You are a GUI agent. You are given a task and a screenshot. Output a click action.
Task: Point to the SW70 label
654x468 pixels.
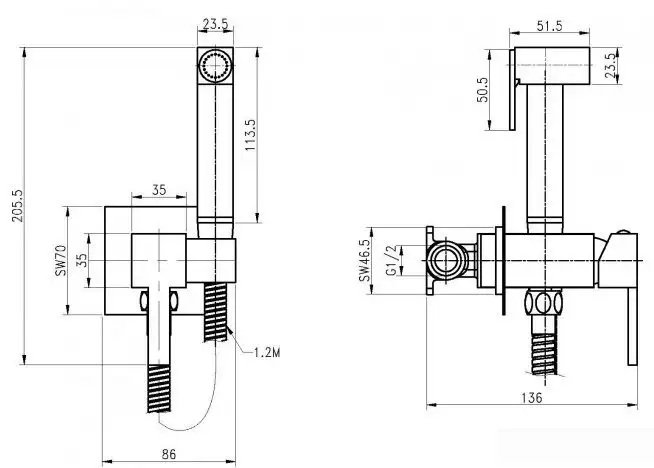click(60, 262)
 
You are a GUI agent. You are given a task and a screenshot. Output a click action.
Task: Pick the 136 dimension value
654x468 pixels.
click(533, 397)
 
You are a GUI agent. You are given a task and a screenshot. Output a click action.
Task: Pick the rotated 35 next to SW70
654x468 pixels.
click(85, 262)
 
